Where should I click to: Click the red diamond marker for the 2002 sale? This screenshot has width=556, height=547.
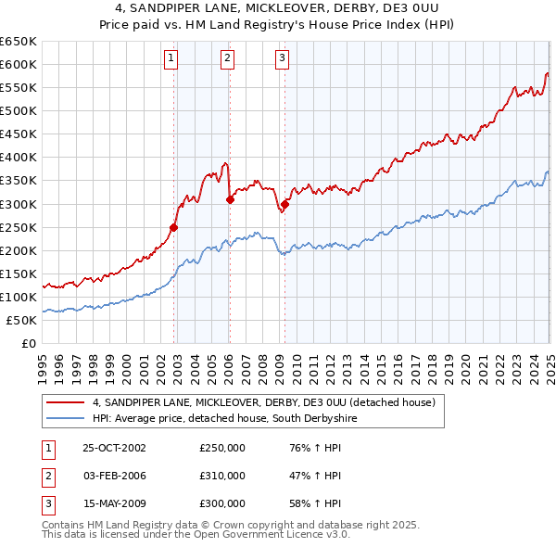coord(174,226)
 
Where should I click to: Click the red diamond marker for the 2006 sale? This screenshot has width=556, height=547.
coord(229,198)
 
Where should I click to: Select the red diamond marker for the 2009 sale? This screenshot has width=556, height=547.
coord(284,205)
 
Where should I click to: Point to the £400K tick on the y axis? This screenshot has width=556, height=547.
coord(19,157)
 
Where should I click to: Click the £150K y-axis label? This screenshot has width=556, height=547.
coord(19,273)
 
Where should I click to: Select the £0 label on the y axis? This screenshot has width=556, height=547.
coord(28,343)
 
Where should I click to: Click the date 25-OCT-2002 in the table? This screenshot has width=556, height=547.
coord(114,449)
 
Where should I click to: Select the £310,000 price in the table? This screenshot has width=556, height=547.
coord(222,476)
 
